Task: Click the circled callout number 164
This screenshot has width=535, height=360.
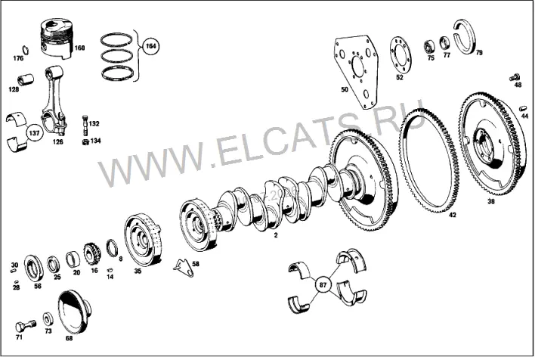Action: point(150,46)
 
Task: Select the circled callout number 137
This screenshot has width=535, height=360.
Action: point(35,133)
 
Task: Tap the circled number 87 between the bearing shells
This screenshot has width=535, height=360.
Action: point(323,284)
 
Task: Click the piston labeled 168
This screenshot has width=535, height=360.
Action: point(57,39)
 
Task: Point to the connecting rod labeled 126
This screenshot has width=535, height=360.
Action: point(54,100)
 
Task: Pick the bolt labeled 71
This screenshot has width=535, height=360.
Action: point(25,326)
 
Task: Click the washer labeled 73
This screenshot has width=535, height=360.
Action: point(48,318)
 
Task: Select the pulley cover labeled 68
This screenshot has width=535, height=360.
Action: point(74,312)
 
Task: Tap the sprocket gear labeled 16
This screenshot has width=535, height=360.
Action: point(92,254)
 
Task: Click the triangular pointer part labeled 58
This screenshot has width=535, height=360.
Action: point(184,268)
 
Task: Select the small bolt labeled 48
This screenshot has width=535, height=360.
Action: point(515,77)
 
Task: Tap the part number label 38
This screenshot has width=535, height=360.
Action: point(490,201)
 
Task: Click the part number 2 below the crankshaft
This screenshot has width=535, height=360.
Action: point(276,235)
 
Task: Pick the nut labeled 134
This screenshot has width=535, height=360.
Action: point(85,141)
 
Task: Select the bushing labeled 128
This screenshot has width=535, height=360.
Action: point(26,80)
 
